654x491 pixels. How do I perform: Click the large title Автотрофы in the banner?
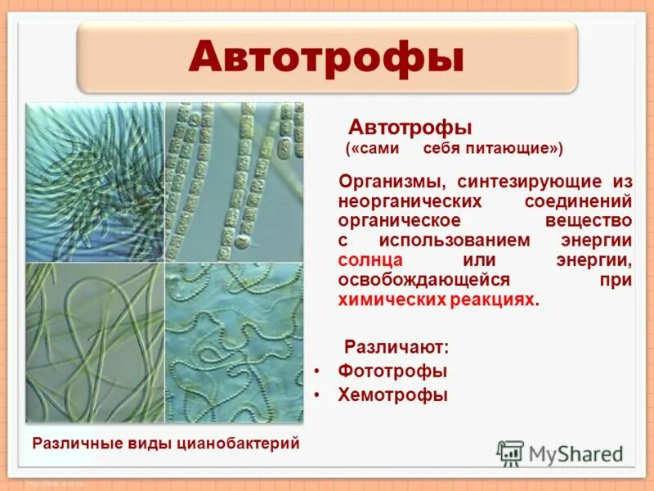coord(326,57)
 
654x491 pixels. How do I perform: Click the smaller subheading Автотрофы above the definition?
coord(411,128)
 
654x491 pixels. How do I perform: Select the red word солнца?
coord(370,260)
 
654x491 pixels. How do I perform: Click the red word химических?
coord(392,300)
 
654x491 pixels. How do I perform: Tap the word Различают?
coord(396,347)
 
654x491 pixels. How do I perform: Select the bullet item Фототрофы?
coord(392,371)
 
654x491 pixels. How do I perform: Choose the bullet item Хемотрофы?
coord(392,395)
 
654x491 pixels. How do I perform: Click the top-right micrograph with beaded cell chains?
coord(234,182)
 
